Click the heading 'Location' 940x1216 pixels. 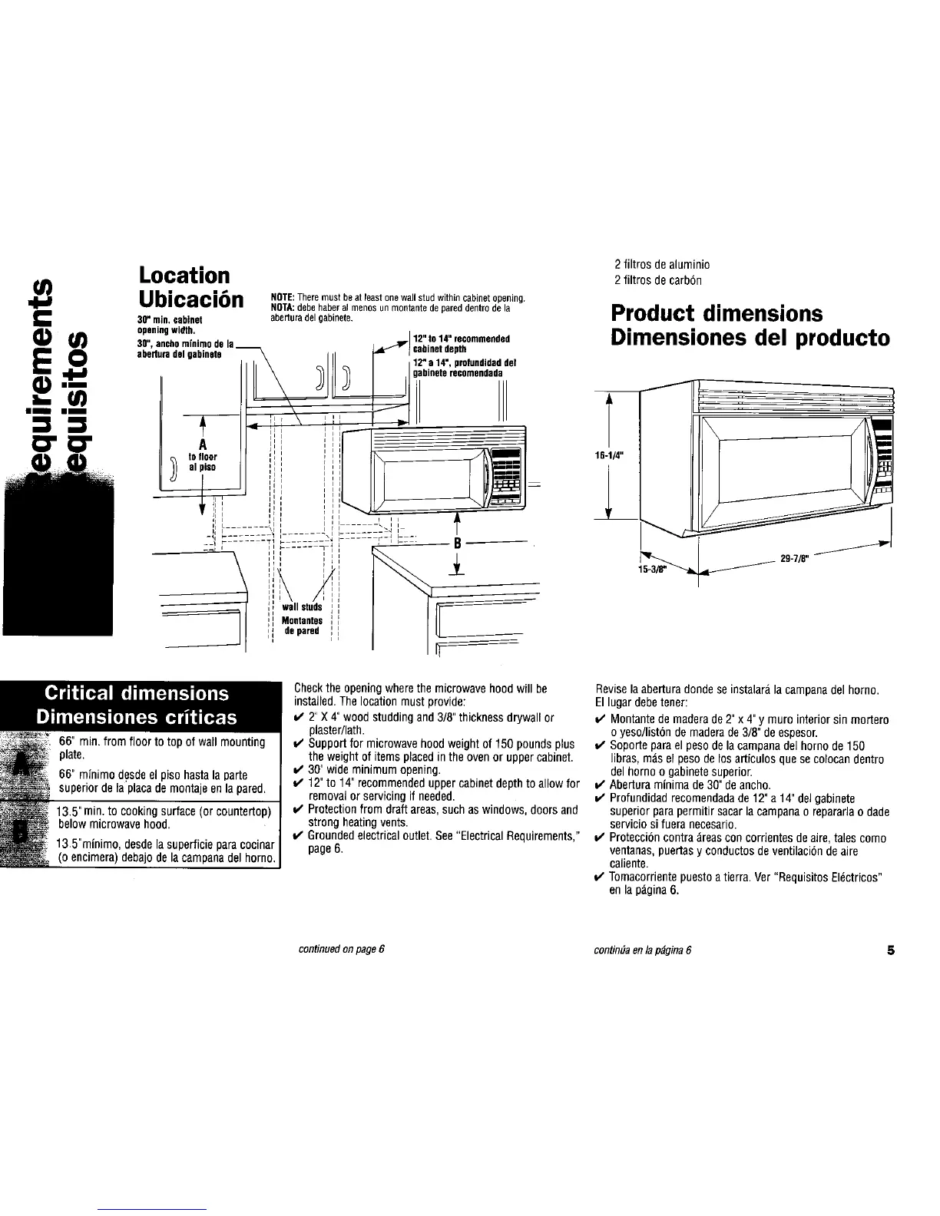[184, 276]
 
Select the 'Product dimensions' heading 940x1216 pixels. [717, 314]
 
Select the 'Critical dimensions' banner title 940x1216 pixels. [137, 693]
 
